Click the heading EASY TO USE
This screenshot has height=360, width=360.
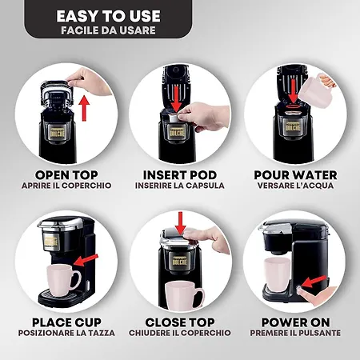[x=108, y=16]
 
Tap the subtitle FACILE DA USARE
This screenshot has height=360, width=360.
[x=108, y=30]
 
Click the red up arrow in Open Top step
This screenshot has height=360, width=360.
[x=84, y=108]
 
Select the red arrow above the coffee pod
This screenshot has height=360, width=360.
[x=176, y=98]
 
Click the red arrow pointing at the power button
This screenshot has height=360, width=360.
[x=314, y=282]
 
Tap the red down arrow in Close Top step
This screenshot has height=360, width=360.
[x=181, y=223]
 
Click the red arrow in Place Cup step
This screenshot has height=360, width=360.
[x=86, y=260]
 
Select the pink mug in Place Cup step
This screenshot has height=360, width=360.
[x=62, y=280]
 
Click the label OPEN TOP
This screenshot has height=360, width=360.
[x=66, y=175]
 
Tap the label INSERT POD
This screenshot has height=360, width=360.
[x=180, y=175]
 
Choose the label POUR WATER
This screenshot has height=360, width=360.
[x=295, y=175]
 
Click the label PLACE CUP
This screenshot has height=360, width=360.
[x=66, y=322]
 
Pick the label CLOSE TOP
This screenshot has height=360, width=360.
[x=180, y=322]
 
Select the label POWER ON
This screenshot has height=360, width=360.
[x=295, y=322]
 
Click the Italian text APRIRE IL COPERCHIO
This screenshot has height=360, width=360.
[x=66, y=186]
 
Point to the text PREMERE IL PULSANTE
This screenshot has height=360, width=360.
[x=295, y=333]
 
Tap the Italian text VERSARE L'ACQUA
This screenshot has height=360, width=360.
[x=295, y=186]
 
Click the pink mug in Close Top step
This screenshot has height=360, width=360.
[x=184, y=296]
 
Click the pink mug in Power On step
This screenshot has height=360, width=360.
[x=277, y=274]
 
